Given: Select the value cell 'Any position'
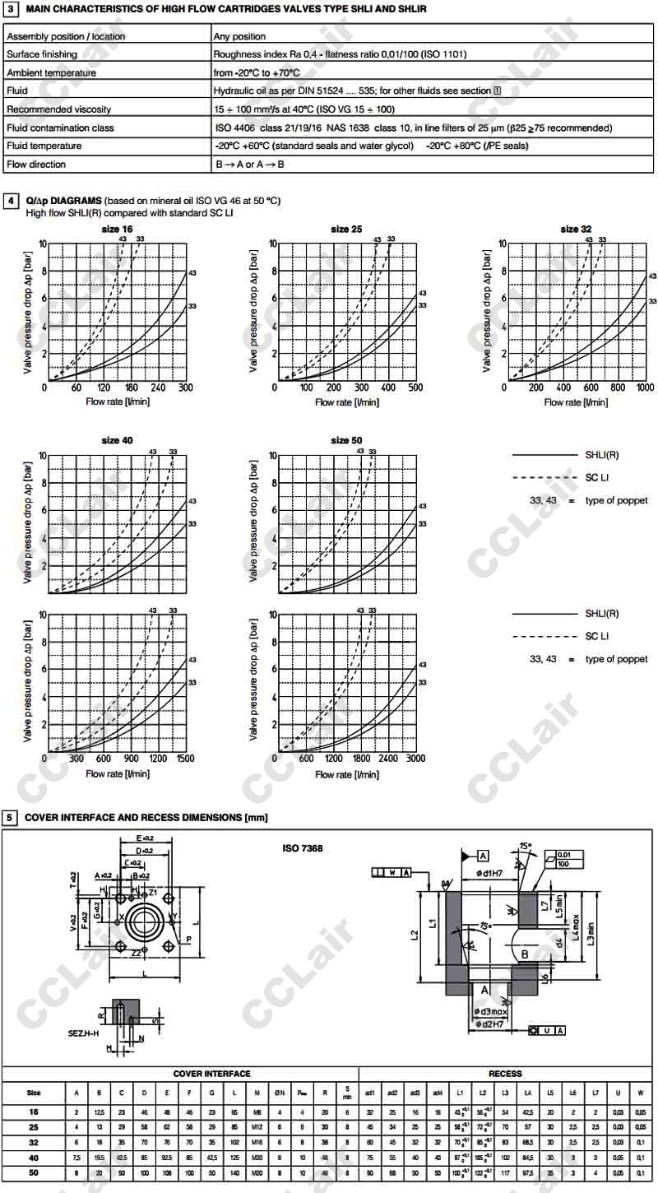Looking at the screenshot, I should [239, 36].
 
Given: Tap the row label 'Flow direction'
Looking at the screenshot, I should [36, 165].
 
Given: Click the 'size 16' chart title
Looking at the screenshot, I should [116, 230].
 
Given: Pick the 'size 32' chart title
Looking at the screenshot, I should [576, 230].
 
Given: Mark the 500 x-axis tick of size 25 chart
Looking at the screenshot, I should [415, 388].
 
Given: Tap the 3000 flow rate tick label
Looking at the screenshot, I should [415, 759].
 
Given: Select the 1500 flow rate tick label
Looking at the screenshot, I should [185, 759].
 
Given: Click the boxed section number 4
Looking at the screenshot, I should [9, 200].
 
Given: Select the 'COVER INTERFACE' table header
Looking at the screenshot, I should [211, 1074].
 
